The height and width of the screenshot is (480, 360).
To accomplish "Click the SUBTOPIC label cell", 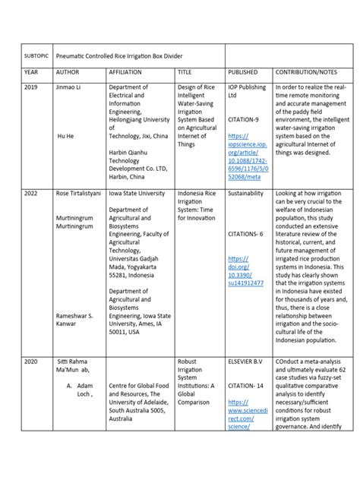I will point(36,58).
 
